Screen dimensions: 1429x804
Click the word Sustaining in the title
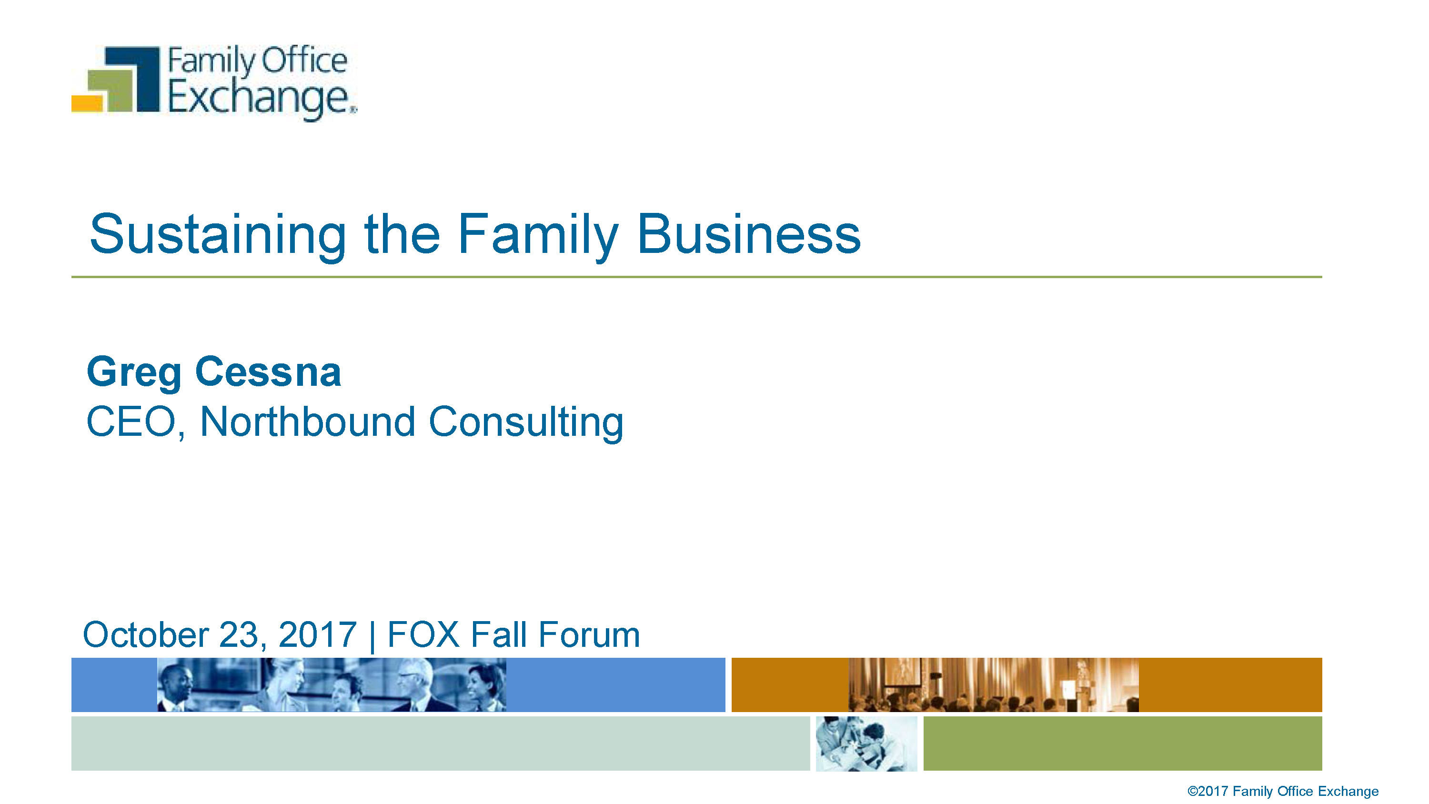coord(218,235)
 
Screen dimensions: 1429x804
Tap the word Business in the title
coord(749,234)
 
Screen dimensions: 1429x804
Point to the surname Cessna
coord(268,372)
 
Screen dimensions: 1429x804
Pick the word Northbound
coord(307,422)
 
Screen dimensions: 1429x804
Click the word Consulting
coord(526,423)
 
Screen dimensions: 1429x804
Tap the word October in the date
coord(146,634)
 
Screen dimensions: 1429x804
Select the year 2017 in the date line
coord(317,634)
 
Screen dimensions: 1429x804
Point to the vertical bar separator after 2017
coord(372,636)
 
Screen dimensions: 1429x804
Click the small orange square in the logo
coord(87,103)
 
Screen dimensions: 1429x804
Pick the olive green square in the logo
coord(111,90)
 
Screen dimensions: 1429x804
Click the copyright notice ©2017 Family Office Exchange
coord(1283,791)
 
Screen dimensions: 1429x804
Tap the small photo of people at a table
coord(866,744)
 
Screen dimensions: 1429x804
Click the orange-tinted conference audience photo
coord(994,685)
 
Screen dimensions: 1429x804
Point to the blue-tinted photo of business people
coord(332,685)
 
